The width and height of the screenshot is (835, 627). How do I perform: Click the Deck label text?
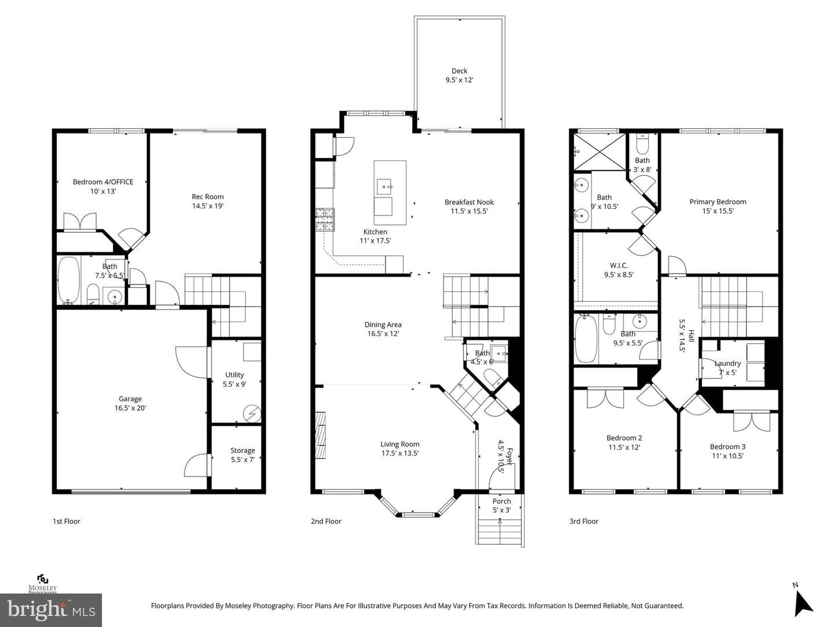[459, 71]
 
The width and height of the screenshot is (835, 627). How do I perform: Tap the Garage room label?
[130, 399]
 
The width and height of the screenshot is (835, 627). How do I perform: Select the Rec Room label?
[208, 196]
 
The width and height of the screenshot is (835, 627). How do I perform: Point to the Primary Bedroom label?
[717, 202]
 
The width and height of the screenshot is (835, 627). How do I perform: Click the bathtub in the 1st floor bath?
[69, 280]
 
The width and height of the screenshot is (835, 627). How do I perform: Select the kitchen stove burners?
[325, 219]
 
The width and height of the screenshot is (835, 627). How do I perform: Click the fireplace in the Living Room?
[320, 435]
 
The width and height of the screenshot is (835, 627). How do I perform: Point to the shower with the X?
[599, 152]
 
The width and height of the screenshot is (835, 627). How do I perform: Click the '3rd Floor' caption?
[583, 521]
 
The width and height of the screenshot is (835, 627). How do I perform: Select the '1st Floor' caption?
[67, 521]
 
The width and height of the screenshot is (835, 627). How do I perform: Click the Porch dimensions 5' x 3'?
[502, 510]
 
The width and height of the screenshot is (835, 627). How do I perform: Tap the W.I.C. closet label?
[619, 265]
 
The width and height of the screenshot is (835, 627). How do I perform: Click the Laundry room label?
[727, 363]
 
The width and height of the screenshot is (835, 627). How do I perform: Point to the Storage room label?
[242, 451]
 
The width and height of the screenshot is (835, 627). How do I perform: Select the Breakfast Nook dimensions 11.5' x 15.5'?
[469, 211]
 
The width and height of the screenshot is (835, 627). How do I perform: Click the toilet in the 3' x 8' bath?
[642, 143]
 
